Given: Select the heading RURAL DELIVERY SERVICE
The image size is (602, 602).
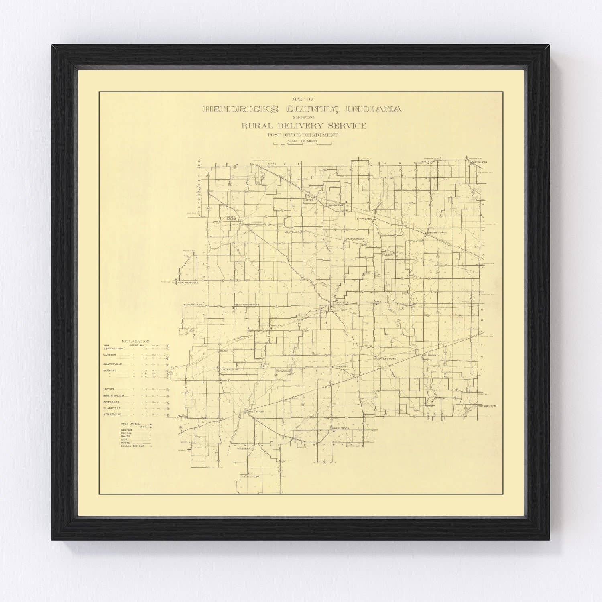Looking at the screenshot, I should [x=303, y=126].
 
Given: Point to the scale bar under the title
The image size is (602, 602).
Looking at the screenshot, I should [x=303, y=144].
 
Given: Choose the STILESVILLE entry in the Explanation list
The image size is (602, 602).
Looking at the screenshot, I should [x=112, y=414].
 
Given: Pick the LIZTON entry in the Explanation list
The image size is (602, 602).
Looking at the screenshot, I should [x=109, y=389].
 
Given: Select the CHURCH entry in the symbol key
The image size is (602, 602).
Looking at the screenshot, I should [x=126, y=429].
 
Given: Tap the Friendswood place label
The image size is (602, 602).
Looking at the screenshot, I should [x=487, y=406].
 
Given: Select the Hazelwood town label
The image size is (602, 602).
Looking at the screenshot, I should [x=341, y=429].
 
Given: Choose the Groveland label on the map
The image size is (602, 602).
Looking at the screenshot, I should [x=193, y=305].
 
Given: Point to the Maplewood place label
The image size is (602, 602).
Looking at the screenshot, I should [x=355, y=239].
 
